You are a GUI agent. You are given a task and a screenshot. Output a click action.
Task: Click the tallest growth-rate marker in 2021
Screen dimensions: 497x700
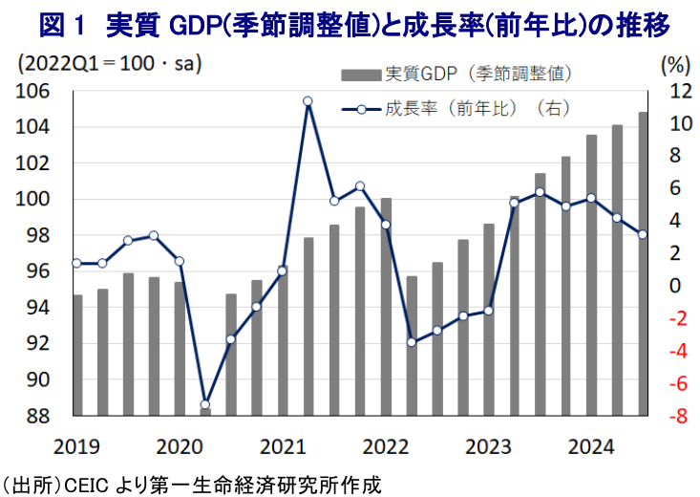tap(308, 101)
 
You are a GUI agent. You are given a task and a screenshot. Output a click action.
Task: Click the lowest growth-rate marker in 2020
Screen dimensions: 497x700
tap(204, 404)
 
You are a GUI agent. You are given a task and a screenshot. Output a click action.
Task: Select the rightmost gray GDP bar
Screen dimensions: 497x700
tap(643, 263)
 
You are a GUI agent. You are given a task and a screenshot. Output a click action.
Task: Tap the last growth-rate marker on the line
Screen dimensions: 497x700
tap(643, 234)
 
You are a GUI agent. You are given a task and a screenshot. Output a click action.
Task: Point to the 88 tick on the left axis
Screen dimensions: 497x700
tap(37, 416)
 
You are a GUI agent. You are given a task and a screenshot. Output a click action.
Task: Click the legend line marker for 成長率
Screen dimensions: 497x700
tap(360, 110)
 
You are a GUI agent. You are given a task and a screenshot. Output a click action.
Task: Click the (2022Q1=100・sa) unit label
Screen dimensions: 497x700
tap(113, 65)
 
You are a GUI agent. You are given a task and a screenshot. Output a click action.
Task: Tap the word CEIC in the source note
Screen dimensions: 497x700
tap(89, 483)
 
